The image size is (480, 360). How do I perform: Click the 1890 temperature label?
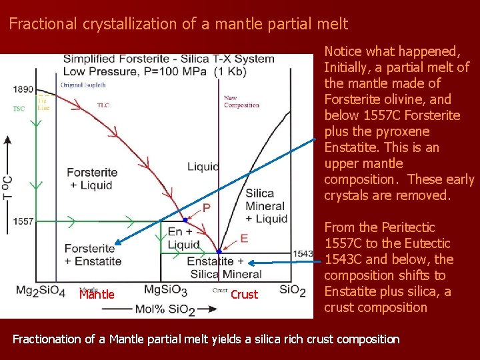[x=23, y=89]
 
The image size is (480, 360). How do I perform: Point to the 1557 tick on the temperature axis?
[x=23, y=221]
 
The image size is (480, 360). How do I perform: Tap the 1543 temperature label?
[x=303, y=253]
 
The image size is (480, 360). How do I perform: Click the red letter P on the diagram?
[x=207, y=208]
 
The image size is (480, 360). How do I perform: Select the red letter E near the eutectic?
[x=244, y=238]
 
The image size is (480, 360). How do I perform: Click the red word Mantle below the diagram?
[x=97, y=295]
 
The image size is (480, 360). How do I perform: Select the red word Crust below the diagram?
[x=244, y=295]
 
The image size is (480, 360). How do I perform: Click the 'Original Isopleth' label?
[x=81, y=85]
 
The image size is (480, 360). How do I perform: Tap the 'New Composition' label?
[x=241, y=101]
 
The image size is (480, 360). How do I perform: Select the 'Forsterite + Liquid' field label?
[x=93, y=179]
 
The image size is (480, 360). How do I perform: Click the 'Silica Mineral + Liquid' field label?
[x=266, y=206]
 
